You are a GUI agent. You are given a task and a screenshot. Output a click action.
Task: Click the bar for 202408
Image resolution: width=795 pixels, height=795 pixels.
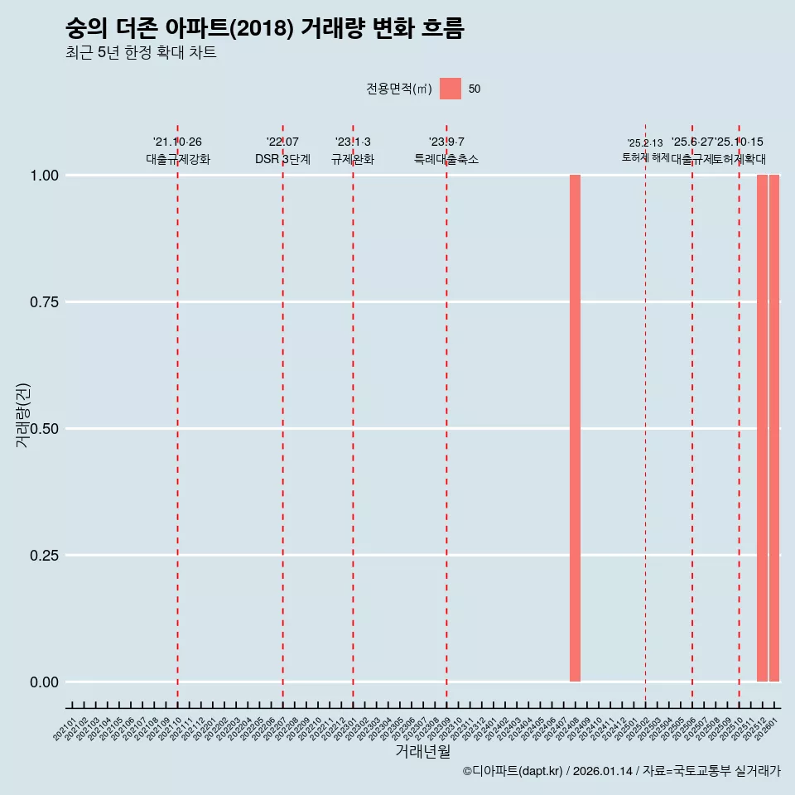(575, 428)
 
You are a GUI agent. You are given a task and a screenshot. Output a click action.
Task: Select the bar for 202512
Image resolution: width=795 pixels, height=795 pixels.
(762, 428)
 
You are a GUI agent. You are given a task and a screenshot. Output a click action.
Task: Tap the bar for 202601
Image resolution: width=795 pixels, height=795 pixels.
(774, 428)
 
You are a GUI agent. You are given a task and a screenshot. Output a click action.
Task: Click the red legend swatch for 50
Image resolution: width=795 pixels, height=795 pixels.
(450, 89)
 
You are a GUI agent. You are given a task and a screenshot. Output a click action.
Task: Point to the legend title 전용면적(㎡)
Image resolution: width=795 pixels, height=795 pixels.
(398, 89)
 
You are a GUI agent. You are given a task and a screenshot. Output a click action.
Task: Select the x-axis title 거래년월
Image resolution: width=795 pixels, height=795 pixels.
(422, 752)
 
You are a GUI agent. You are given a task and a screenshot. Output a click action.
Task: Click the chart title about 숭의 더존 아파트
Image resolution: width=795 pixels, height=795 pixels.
(265, 29)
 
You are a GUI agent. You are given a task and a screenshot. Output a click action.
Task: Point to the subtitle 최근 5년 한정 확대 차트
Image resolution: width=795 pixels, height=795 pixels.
(141, 54)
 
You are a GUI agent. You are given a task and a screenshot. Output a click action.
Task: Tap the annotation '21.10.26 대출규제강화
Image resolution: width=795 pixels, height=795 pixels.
(177, 151)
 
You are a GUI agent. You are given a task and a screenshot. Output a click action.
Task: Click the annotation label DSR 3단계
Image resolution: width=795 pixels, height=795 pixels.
(282, 159)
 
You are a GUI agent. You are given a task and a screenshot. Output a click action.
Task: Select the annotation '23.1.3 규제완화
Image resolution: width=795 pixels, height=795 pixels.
(353, 151)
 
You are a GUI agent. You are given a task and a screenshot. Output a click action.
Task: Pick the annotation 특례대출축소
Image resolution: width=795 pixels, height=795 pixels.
(446, 159)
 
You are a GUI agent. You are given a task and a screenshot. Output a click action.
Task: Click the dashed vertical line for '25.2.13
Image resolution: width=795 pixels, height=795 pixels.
(645, 414)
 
